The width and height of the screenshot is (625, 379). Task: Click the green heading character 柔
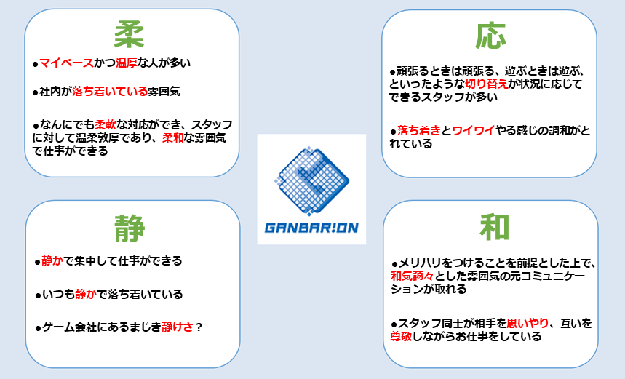129,35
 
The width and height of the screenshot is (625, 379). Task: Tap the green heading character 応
490,36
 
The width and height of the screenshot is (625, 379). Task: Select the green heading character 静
130,228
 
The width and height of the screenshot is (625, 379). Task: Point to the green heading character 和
494,227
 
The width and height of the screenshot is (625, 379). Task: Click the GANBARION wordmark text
311,228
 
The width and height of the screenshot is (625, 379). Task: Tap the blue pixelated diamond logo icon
311,180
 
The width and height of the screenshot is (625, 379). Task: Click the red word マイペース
66,63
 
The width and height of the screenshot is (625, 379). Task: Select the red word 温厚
127,63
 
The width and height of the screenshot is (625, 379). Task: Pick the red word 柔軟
106,124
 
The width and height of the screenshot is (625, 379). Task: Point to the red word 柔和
173,138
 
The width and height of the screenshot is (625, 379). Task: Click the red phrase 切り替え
487,84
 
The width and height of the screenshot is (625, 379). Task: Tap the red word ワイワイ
474,130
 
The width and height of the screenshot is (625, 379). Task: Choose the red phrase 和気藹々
412,276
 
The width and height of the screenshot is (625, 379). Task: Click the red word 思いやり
528,323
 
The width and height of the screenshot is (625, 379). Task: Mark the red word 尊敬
402,336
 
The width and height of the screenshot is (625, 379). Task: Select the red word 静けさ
178,327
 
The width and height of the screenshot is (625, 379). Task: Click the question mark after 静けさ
199,327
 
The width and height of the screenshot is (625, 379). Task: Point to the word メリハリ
420,263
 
